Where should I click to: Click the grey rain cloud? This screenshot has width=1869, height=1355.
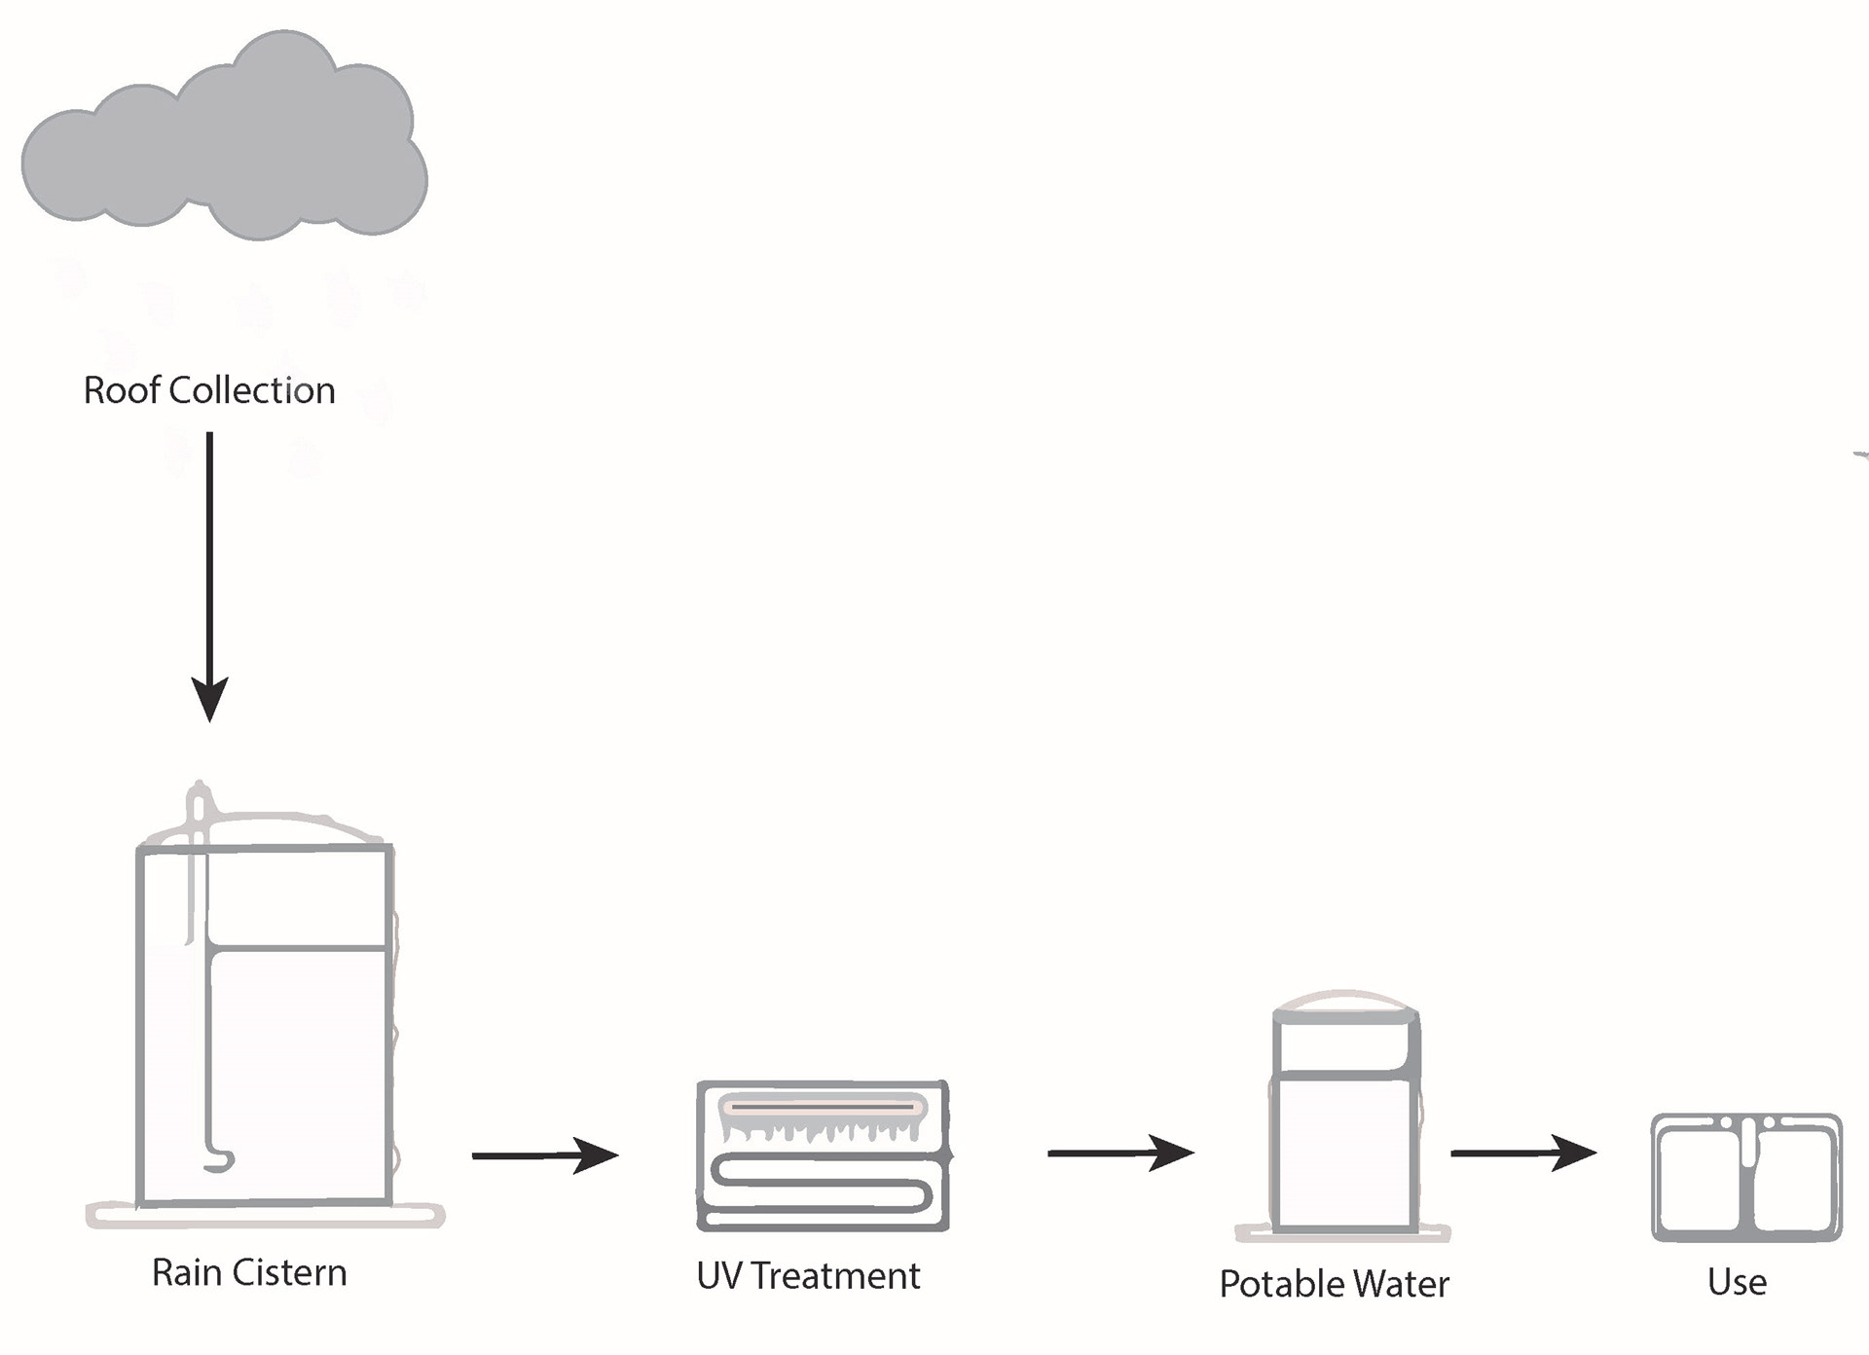pos(224,146)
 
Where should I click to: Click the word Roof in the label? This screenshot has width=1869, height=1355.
pos(122,390)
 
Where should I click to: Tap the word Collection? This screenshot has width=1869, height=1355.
pos(252,390)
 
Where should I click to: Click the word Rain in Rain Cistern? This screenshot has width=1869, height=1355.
pos(187,1273)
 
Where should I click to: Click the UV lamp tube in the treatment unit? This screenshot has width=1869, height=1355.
pos(823,1108)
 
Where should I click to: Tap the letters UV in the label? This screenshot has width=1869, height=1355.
pos(719,1276)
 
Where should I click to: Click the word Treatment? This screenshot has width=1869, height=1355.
pos(835,1276)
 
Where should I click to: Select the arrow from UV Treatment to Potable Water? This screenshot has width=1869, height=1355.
pos(1119,1154)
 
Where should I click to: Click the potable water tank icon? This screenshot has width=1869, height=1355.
pos(1344,1119)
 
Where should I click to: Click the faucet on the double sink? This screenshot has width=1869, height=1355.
pos(1748,1139)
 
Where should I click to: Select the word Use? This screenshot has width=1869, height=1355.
pos(1737,1282)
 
